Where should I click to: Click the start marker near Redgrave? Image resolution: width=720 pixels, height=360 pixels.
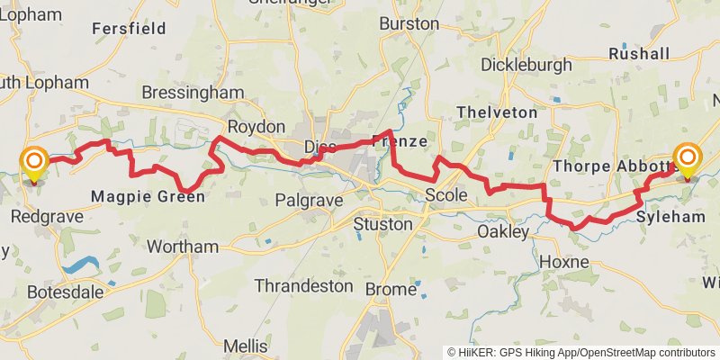[34, 163]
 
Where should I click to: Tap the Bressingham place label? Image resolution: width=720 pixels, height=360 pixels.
[193, 93]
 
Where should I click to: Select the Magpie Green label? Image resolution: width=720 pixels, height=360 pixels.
[148, 196]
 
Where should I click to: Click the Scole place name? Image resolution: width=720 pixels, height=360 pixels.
[446, 195]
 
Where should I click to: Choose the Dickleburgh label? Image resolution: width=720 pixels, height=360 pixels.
[526, 65]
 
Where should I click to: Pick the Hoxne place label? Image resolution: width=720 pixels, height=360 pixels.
[564, 262]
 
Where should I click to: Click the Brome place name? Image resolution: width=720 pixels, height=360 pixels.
[391, 289]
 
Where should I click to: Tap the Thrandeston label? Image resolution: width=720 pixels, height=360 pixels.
[303, 285]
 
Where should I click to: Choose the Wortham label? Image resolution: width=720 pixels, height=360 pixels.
[182, 247]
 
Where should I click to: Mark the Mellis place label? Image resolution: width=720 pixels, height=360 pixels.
[245, 346]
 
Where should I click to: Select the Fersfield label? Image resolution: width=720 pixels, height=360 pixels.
[130, 29]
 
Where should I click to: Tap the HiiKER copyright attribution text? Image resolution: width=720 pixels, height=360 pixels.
[580, 352]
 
